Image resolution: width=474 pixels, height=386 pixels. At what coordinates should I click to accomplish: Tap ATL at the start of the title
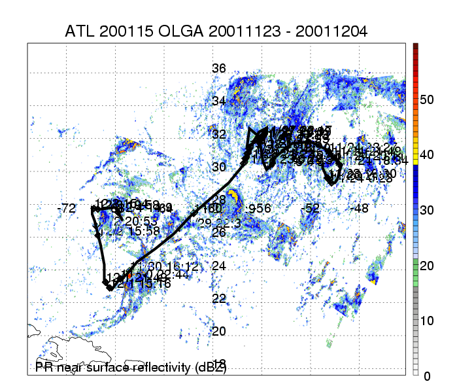(x=79, y=31)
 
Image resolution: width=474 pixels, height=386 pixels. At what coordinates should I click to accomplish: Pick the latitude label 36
(x=219, y=68)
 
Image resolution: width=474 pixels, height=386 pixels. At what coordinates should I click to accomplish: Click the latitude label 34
(x=219, y=101)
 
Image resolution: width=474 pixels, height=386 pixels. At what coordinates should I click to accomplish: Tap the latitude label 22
(x=219, y=298)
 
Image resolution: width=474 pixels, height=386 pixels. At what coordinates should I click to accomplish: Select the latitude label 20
(x=219, y=331)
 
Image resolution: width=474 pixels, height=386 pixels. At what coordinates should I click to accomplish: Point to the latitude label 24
(x=219, y=266)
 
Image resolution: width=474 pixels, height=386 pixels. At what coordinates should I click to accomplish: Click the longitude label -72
(x=66, y=209)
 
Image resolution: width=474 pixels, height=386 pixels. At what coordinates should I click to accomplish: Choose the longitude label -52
(x=311, y=209)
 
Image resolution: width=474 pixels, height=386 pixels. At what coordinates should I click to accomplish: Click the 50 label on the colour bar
(x=427, y=99)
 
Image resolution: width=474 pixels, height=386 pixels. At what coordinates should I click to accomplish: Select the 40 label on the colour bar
(x=427, y=155)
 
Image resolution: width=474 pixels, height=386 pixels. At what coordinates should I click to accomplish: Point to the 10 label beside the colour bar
(x=427, y=321)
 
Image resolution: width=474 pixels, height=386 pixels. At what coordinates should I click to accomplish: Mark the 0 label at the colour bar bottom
(x=427, y=376)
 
